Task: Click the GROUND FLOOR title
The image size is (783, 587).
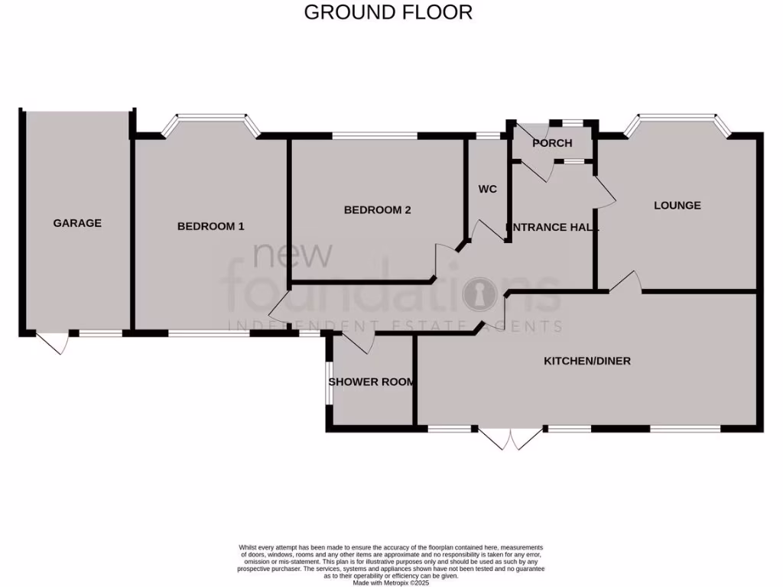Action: point(388,12)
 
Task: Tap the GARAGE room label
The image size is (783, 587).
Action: point(77,223)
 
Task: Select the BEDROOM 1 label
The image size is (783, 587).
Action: point(210,226)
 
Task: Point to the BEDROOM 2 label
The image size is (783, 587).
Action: point(378,209)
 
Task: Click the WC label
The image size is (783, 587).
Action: point(488,189)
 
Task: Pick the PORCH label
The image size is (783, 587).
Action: point(552,143)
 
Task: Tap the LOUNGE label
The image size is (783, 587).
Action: point(677,205)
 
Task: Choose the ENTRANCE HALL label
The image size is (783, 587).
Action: point(552,227)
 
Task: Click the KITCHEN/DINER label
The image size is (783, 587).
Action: point(586,360)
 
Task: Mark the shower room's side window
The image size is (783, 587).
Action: point(328,381)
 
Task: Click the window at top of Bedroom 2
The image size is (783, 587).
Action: point(375,137)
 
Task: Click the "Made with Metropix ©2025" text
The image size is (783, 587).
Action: point(391,582)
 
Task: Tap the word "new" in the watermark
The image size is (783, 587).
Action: point(293,255)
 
